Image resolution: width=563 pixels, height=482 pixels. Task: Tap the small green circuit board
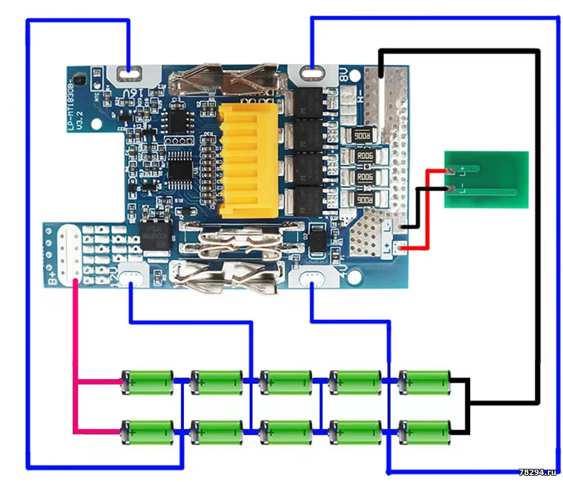[x=485, y=180]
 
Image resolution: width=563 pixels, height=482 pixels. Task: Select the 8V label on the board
[x=344, y=76]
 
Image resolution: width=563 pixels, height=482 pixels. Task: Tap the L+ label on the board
[x=388, y=247]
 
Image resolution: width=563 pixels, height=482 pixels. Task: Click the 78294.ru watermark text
[x=536, y=472]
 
